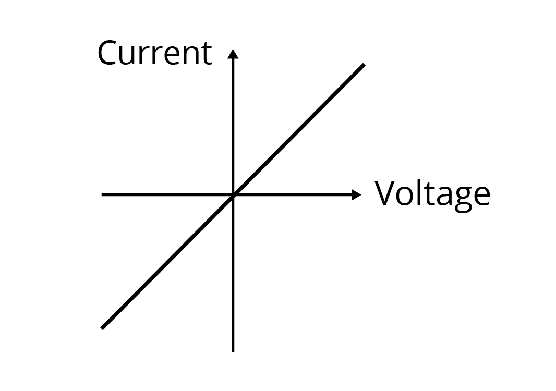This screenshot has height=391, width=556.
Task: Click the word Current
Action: coord(154,53)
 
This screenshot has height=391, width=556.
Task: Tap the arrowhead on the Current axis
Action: coord(233,54)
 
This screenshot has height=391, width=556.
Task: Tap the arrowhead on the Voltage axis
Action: coord(356,195)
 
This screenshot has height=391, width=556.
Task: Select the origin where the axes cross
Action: coord(233,195)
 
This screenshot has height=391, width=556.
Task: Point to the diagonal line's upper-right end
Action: coord(363,65)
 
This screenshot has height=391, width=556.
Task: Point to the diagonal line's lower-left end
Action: coord(102,328)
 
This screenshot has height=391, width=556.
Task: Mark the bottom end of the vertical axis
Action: coord(233,350)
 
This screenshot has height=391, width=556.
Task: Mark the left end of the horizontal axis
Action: coord(103,195)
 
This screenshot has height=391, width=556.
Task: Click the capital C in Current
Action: coord(108,53)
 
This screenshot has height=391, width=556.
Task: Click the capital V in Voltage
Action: coord(386,193)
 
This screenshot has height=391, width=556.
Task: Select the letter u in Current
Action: coord(129,56)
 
